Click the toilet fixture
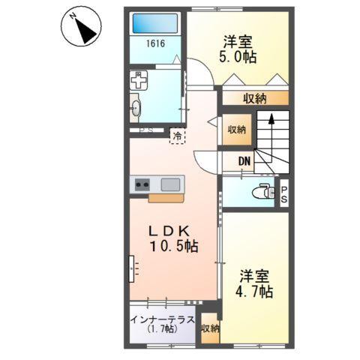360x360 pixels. click(x=262, y=191)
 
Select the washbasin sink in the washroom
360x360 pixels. click(x=136, y=107)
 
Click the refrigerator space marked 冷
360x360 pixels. click(x=177, y=136)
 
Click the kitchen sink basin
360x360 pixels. click(x=170, y=183)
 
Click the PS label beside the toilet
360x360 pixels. click(x=285, y=194)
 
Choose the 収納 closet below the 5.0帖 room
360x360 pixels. click(x=253, y=97)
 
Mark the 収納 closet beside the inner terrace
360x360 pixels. click(x=210, y=328)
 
